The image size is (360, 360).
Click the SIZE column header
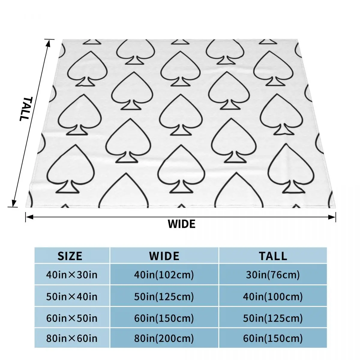click(x=70, y=256)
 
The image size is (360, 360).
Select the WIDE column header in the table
click(x=164, y=256)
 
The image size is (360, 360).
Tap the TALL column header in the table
click(x=273, y=256)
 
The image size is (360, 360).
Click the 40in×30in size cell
click(x=72, y=274)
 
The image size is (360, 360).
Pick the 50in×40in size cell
click(x=72, y=296)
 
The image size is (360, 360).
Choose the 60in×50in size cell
click(x=72, y=318)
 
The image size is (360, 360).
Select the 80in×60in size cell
click(x=72, y=338)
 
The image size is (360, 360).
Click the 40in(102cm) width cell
click(x=164, y=274)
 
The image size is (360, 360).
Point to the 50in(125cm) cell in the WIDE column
click(x=164, y=296)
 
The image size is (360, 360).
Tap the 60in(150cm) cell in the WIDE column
click(x=164, y=318)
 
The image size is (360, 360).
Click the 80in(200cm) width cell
click(x=164, y=338)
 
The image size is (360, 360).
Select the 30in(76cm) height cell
click(x=273, y=274)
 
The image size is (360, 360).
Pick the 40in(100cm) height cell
click(x=273, y=296)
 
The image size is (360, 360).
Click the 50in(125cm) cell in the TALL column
click(x=273, y=318)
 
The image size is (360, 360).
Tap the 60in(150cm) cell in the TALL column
click(x=273, y=338)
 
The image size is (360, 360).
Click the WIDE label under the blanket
click(x=181, y=224)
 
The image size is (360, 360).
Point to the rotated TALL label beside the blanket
click(x=24, y=109)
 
